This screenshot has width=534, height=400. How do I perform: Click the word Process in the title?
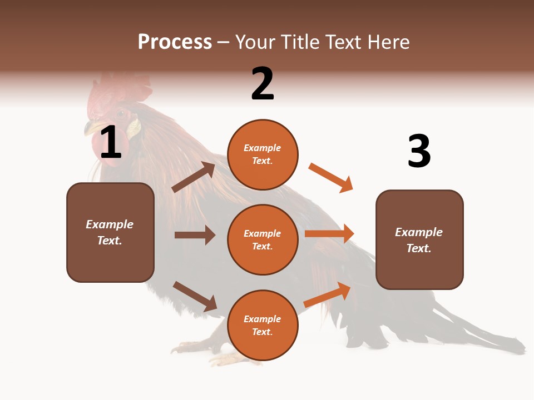click(x=175, y=42)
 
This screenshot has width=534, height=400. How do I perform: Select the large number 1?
click(x=110, y=143)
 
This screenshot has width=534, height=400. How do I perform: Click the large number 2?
click(x=263, y=84)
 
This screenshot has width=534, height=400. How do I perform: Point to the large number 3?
click(x=419, y=152)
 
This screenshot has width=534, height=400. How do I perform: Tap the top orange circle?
click(x=263, y=154)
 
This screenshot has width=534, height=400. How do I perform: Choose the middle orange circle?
click(x=263, y=240)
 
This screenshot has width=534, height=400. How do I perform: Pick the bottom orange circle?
click(x=263, y=326)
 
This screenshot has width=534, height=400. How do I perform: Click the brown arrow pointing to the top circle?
click(x=194, y=177)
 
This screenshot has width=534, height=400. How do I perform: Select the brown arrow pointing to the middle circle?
click(x=195, y=235)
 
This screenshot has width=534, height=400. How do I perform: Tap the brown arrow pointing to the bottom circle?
click(x=195, y=296)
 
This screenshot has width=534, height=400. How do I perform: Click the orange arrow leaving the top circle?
click(x=330, y=177)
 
